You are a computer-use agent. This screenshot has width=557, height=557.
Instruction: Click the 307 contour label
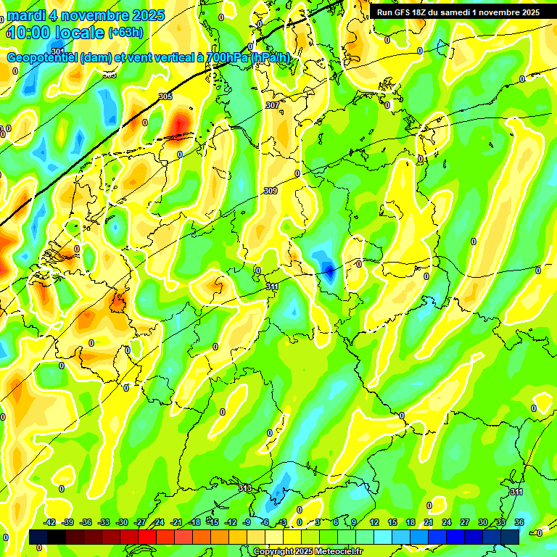tap(273, 105)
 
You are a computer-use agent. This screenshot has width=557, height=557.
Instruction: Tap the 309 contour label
tap(270, 191)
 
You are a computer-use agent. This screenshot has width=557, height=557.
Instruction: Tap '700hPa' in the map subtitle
tap(226, 57)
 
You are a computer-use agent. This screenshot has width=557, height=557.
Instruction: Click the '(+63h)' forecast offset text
tap(125, 33)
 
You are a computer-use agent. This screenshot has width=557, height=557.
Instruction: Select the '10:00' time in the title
tap(33, 33)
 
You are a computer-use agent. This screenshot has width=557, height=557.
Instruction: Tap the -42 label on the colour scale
tap(50, 522)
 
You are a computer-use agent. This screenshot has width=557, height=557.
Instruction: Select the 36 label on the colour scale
tap(519, 522)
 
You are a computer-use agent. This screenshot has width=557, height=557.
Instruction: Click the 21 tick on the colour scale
tap(429, 522)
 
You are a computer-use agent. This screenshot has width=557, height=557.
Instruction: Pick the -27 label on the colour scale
tap(140, 522)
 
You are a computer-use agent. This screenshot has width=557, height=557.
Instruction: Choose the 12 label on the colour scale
tap(374, 522)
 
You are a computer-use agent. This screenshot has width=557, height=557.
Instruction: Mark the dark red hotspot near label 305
tap(181, 125)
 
